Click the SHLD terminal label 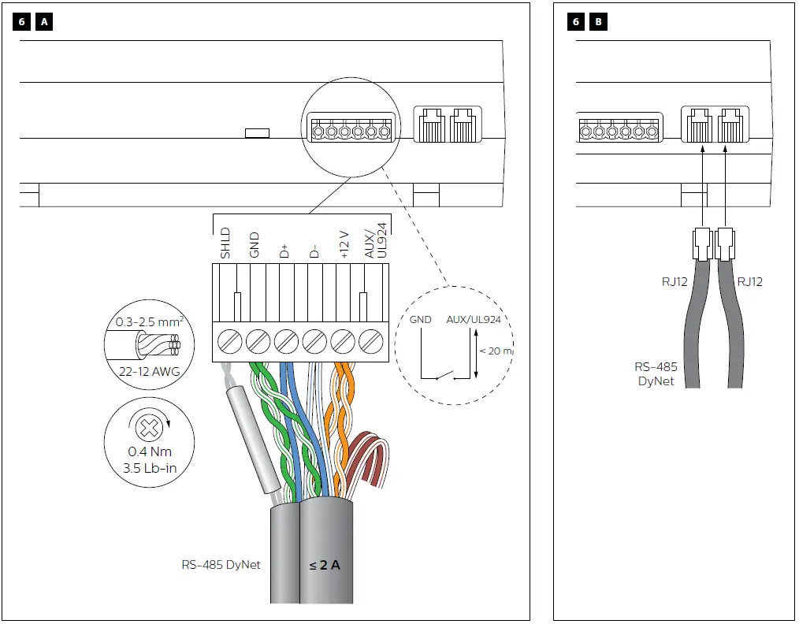(x=225, y=243)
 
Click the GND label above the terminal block (x=255, y=245)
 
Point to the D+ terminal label (x=284, y=251)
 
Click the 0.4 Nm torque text (x=149, y=452)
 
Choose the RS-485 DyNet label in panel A (x=221, y=564)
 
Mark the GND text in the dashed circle (x=421, y=320)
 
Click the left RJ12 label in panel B (x=665, y=282)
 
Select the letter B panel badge (x=598, y=22)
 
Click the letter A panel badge (x=44, y=22)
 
